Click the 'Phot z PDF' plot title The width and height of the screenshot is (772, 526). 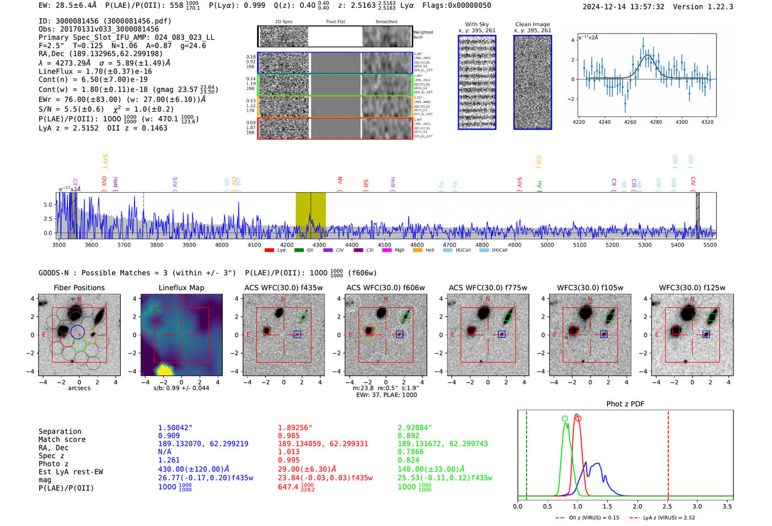[625, 404]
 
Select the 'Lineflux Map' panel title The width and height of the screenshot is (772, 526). [181, 288]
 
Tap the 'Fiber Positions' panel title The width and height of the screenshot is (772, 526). [79, 288]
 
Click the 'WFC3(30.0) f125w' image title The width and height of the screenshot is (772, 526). [692, 288]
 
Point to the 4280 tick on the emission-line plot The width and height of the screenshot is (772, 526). [656, 122]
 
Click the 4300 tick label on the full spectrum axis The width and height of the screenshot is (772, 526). [319, 245]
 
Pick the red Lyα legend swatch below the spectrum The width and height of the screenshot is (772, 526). [269, 251]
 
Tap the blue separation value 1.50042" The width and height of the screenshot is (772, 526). [175, 428]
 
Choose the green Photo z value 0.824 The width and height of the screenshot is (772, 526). [408, 460]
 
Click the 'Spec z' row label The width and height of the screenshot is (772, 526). [51, 456]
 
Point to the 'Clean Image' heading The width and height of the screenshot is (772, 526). [532, 24]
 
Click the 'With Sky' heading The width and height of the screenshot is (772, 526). [476, 24]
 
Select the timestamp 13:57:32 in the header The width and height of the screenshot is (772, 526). [642, 7]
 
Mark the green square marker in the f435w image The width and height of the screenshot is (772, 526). [303, 317]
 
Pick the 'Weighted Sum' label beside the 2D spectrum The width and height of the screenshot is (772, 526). [422, 35]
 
